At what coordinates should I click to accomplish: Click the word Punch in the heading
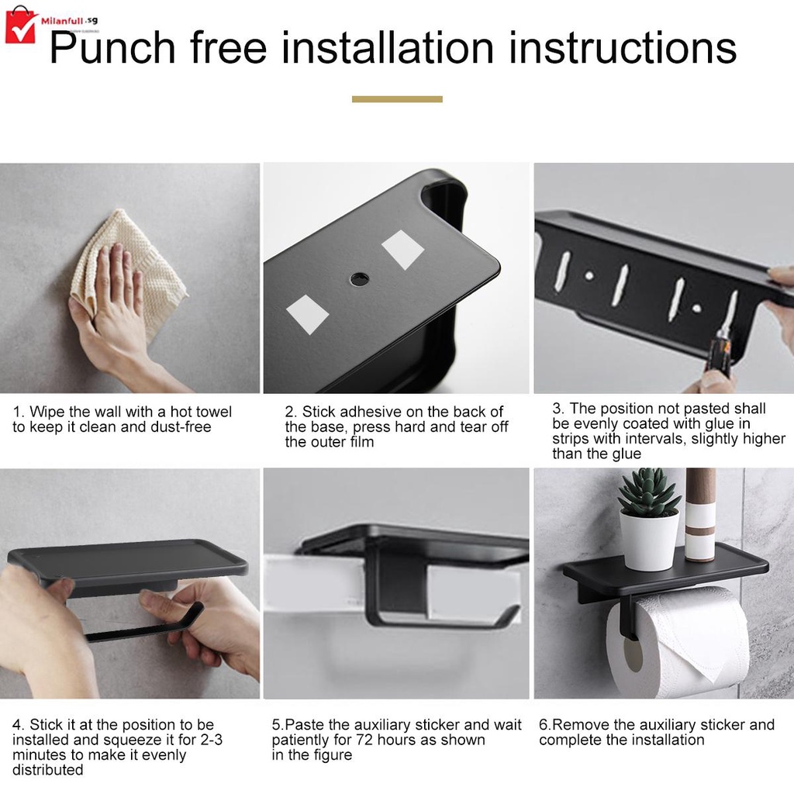click(112, 47)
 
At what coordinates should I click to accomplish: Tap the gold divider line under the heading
click(397, 99)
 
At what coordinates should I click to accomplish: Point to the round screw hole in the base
click(360, 278)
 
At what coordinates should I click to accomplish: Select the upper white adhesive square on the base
click(402, 249)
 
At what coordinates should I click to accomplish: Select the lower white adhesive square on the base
click(307, 315)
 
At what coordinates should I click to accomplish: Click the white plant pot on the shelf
click(649, 540)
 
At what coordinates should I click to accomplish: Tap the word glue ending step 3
click(627, 454)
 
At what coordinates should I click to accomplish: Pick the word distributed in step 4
click(47, 770)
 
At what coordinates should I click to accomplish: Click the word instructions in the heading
click(623, 47)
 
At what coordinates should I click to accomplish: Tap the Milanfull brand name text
click(62, 21)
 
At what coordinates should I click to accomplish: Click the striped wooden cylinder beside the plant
click(700, 514)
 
